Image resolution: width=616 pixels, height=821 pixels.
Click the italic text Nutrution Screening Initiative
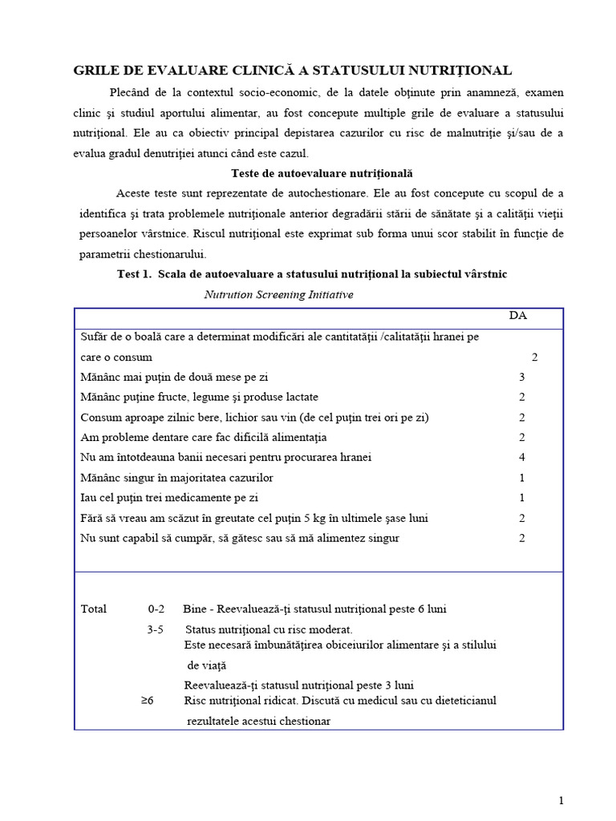point(278,294)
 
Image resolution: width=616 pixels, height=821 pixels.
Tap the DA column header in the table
point(518,315)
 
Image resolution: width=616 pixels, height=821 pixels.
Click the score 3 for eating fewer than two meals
point(521,376)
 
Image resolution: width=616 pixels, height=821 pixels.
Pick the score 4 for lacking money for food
point(521,457)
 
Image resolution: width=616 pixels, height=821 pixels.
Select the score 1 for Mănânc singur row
point(521,478)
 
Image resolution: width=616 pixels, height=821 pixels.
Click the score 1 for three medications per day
point(521,498)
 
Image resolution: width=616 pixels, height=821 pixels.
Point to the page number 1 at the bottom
point(561,800)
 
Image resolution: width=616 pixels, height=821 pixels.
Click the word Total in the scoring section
point(94,609)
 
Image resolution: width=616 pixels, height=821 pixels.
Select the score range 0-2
point(156,609)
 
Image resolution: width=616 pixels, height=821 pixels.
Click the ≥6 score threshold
point(147,700)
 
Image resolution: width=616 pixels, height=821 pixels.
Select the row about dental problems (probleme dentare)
point(204,437)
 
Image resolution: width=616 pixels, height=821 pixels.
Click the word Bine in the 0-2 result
point(196,609)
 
